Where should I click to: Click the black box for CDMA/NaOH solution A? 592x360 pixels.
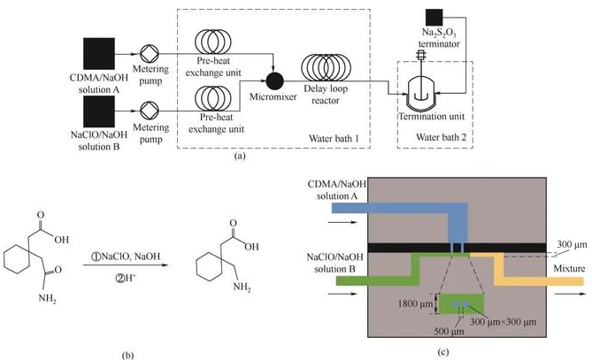click(x=103, y=53)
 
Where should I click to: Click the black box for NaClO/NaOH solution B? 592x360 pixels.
click(x=103, y=112)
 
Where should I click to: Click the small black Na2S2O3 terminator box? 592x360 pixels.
click(x=434, y=16)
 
